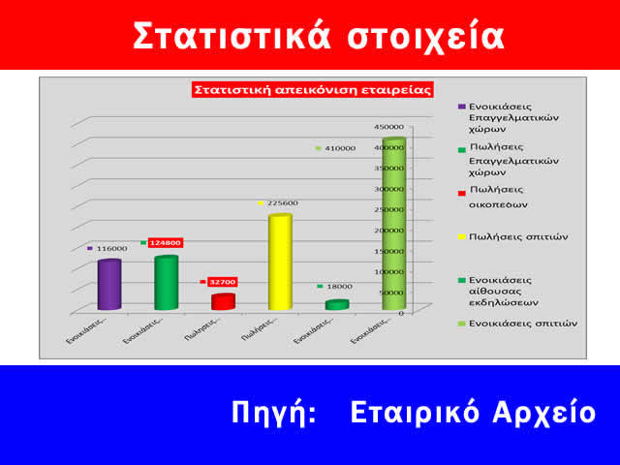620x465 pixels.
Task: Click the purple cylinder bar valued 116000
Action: click(108, 286)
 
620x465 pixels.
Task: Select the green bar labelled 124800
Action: click(166, 283)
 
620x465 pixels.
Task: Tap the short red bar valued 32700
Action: click(223, 301)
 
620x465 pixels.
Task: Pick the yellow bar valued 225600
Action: click(280, 263)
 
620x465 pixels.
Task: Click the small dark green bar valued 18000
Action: click(336, 305)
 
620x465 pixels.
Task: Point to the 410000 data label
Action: click(340, 148)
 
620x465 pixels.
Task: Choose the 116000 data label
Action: click(109, 249)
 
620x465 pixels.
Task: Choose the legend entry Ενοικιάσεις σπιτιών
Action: click(522, 323)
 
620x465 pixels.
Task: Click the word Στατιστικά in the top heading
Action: click(231, 35)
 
